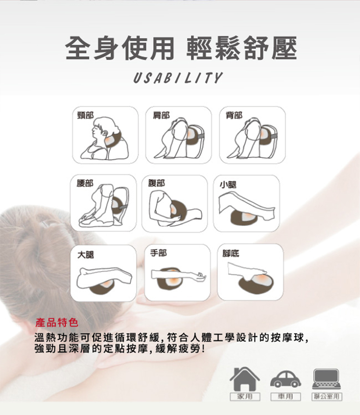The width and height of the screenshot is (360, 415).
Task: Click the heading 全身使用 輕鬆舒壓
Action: click(180, 48)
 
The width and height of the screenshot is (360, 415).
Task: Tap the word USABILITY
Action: click(178, 78)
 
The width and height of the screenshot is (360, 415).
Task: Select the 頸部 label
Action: click(86, 115)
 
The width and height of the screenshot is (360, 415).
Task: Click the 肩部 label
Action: click(161, 115)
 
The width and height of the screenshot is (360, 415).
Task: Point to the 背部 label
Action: click(234, 115)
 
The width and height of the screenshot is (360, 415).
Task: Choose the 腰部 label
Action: click(86, 183)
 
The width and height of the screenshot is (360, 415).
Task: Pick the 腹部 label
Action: click(156, 183)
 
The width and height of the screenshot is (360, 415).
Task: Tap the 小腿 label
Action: click(228, 184)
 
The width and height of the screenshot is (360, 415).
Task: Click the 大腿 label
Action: click(86, 254)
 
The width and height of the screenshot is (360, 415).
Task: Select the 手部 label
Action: click(158, 252)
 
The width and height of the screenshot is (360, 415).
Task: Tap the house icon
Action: click(245, 379)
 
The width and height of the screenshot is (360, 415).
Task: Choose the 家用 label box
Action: click(245, 396)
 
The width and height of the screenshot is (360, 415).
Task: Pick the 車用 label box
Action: click(286, 396)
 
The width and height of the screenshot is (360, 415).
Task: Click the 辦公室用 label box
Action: click(326, 396)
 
